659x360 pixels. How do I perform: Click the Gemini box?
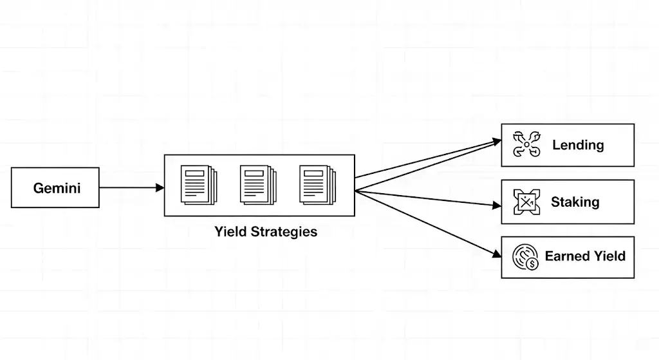coord(55,187)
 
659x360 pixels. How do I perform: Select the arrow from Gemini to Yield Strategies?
coord(131,187)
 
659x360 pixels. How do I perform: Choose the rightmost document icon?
coord(317,185)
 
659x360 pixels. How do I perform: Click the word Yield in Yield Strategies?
coord(229,232)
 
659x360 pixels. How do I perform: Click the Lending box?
coord(568,145)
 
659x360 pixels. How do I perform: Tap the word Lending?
coord(578,145)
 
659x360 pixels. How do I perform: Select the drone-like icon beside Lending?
coord(526,145)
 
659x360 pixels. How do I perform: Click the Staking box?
coord(568,202)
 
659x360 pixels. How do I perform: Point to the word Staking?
coord(575,202)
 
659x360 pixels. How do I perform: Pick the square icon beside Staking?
coord(526,202)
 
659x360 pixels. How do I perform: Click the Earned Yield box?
coord(568,256)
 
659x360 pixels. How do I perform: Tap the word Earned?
coord(566,256)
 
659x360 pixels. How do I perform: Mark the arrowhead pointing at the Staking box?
coord(496,205)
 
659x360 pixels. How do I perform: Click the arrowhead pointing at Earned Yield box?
coord(496,254)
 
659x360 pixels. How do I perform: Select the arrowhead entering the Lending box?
coord(496,141)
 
